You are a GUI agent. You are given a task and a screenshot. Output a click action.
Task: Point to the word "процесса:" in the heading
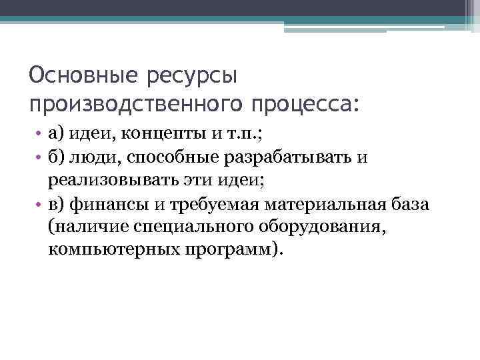[x=305, y=105]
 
